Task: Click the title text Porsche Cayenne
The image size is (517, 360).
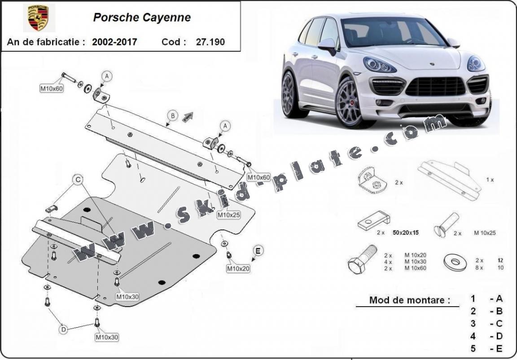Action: [142, 18]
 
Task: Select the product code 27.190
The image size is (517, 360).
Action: [210, 42]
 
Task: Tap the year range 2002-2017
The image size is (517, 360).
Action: [114, 42]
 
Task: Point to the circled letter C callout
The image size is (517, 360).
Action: [78, 180]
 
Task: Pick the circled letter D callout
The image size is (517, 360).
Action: [64, 330]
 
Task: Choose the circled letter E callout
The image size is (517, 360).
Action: [258, 250]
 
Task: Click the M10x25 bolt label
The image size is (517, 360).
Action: [228, 215]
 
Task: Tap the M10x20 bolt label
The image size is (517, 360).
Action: [237, 268]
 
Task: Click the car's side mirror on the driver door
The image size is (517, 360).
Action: [328, 44]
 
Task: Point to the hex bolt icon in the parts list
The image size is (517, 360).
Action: [362, 260]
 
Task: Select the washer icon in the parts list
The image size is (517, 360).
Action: [455, 262]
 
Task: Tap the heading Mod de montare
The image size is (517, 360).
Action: [409, 300]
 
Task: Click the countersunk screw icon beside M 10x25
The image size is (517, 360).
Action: [447, 225]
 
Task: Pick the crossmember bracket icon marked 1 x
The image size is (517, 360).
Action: [449, 180]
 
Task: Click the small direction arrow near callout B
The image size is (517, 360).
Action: [187, 117]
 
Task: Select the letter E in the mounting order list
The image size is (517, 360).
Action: [499, 348]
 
